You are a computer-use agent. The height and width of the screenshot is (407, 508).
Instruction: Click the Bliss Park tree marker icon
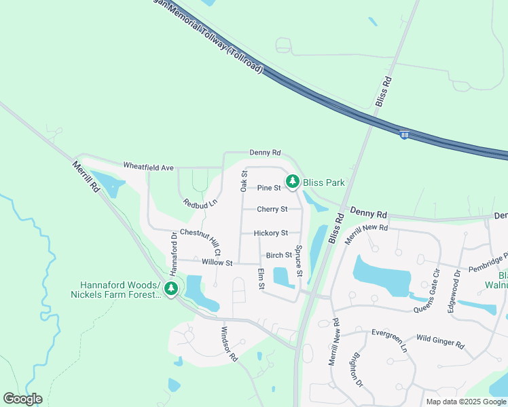(293, 181)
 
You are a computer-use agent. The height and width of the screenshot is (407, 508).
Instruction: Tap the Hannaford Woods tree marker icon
(171, 290)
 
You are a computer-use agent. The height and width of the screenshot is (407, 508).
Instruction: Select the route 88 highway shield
(405, 136)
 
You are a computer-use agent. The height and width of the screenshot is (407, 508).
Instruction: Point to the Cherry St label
(272, 210)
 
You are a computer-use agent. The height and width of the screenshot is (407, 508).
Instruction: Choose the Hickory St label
(271, 233)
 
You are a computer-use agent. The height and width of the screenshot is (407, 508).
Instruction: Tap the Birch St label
(279, 256)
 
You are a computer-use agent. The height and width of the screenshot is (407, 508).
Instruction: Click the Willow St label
(217, 263)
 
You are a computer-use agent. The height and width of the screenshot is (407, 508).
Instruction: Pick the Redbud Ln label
(200, 203)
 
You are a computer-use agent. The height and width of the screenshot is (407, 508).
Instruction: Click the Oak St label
(244, 180)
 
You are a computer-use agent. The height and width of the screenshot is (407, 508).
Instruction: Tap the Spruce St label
(298, 261)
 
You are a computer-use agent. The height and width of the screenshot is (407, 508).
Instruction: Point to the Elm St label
(261, 279)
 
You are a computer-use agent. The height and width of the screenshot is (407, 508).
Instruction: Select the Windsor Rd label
(229, 344)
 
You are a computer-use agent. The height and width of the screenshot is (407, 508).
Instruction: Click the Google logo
(22, 399)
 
